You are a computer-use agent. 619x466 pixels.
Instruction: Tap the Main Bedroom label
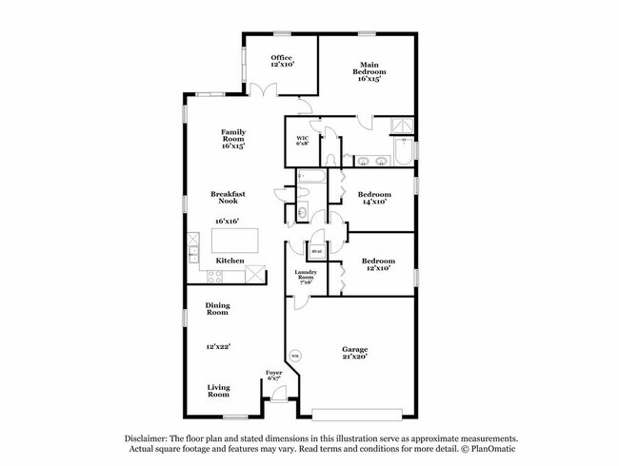[x=370, y=68]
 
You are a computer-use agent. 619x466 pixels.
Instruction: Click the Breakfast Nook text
[x=229, y=198]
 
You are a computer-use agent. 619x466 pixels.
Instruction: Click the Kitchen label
[x=230, y=261]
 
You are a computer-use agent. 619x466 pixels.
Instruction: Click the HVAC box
[x=315, y=251]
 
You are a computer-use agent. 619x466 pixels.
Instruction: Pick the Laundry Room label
[x=305, y=277]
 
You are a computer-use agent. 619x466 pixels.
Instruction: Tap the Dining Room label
[x=218, y=309]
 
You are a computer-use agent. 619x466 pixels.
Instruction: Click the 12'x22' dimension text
[x=220, y=346]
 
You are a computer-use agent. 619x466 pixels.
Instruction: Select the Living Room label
[x=218, y=390]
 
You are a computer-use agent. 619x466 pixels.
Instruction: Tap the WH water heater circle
[x=295, y=357]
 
